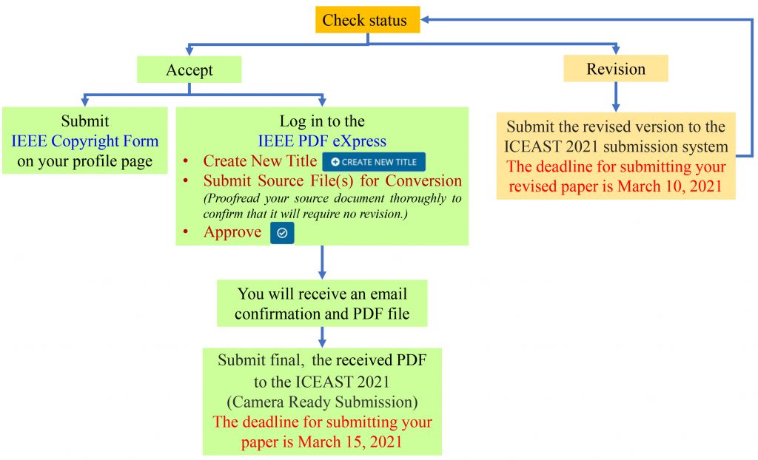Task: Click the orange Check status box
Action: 364,20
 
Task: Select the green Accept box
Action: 189,70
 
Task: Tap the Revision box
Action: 616,69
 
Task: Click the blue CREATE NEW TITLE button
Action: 374,162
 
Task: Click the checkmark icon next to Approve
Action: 282,233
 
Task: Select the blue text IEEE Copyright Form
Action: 84,141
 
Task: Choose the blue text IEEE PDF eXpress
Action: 322,141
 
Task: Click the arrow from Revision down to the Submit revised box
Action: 616,97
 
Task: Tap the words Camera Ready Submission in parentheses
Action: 322,402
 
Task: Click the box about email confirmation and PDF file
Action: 322,302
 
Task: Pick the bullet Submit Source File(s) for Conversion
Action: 332,181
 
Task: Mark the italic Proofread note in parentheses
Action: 332,206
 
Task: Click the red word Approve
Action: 232,232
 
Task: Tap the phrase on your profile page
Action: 84,160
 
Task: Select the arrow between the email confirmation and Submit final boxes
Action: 322,336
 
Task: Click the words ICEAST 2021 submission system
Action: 616,147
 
